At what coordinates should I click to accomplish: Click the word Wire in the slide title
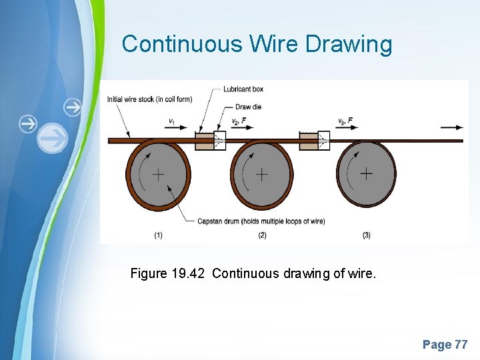tap(274, 44)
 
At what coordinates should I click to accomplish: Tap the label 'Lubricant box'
tap(243, 89)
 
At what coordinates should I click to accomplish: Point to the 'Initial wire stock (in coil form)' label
tap(149, 99)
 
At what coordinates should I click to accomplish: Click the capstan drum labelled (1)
tap(158, 175)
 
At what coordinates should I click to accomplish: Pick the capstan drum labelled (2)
tap(262, 175)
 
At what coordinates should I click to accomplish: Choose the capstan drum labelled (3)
tap(366, 174)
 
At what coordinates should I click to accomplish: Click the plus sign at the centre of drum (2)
tap(262, 175)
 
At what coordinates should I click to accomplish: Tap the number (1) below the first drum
tap(158, 235)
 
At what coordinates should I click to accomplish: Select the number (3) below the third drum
tap(366, 235)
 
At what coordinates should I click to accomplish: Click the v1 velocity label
tap(172, 121)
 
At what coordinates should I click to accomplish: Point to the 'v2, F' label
tap(239, 121)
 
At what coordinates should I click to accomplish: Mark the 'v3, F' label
tap(345, 121)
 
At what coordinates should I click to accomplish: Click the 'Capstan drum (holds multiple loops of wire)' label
tap(261, 221)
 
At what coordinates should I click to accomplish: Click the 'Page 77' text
tap(445, 345)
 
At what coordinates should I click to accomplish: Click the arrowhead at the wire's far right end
tap(460, 127)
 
